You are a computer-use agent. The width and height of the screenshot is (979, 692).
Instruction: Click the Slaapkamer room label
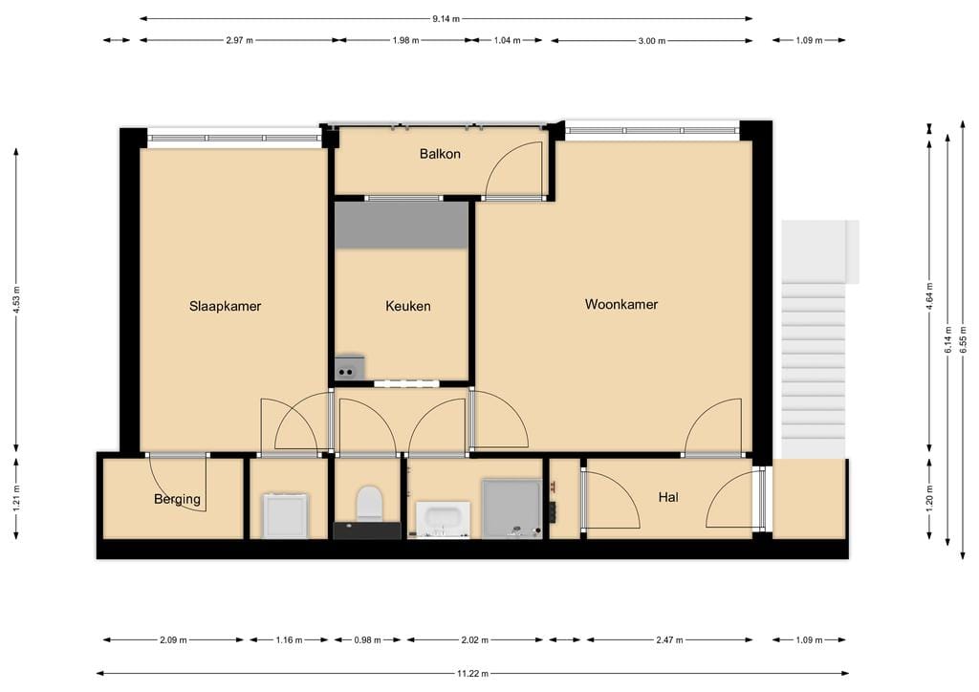coord(225,306)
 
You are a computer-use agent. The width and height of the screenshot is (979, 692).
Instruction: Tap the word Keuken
coord(408,306)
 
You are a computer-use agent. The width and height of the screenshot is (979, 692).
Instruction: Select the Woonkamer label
coord(621,304)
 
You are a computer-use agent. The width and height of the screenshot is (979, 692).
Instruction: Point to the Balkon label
coord(440,154)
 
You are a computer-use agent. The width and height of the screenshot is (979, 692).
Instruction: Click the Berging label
coord(178,499)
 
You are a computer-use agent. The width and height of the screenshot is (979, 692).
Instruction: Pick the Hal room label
coord(668,497)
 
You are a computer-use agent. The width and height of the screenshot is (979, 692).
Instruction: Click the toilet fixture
coord(368,504)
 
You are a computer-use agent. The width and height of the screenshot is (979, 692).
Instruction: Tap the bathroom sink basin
coord(444,519)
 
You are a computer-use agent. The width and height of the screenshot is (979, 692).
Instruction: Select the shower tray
coord(511,508)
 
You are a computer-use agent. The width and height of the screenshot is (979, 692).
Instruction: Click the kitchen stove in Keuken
coord(350,367)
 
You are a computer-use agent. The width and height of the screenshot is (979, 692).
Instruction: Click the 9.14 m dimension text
coord(446,18)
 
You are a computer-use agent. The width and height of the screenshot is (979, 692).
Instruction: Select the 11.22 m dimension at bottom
coord(472,673)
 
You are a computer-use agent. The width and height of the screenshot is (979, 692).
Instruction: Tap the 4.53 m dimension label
coord(16,298)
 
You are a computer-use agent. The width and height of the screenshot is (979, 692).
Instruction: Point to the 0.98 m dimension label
coord(368,640)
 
